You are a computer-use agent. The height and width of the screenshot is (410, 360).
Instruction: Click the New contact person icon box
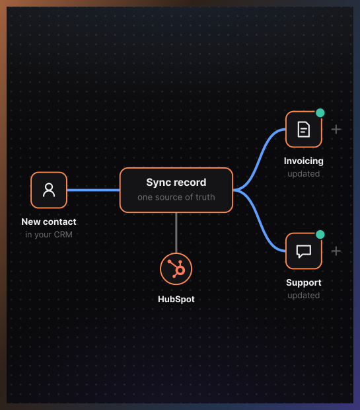pos(49,190)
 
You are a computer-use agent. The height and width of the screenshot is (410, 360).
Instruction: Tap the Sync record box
pos(176,190)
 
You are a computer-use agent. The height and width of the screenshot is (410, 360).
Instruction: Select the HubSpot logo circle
pos(176,268)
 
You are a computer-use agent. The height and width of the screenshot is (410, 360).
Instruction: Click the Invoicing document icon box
pos(304,130)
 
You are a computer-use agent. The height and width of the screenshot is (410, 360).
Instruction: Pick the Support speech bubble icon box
pos(304,251)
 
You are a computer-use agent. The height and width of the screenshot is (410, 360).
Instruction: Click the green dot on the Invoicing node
pos(320,112)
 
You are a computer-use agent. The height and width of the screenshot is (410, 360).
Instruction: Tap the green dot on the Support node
pos(320,235)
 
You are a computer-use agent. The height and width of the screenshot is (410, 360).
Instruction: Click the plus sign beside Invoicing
pos(336,130)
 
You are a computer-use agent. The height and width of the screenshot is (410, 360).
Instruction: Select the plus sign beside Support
pos(336,251)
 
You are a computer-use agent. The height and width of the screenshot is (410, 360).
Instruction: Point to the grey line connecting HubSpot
pos(176,233)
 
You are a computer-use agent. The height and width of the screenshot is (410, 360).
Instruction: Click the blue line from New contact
pos(93,190)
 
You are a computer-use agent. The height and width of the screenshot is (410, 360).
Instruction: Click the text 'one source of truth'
pos(176,197)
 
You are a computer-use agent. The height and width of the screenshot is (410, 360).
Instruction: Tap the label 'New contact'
pos(49,222)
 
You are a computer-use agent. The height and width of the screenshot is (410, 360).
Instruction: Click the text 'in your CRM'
pos(49,235)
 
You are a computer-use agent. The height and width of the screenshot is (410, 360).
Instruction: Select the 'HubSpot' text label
pos(176,299)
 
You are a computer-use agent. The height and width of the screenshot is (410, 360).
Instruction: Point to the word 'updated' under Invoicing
pos(304,174)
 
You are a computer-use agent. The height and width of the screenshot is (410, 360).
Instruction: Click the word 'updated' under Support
pos(304,296)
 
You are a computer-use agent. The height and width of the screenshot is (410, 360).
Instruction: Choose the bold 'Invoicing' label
pos(304,161)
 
